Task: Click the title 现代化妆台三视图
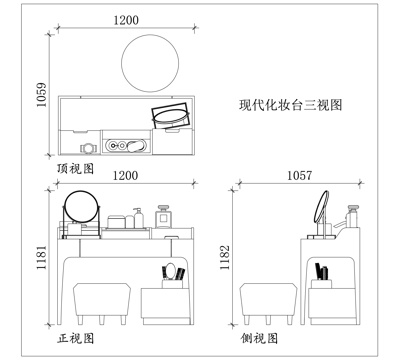click(285, 104)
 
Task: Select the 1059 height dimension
click(41, 97)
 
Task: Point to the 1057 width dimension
click(298, 175)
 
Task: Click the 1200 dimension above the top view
click(126, 21)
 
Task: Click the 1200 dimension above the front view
click(126, 175)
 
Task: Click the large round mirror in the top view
click(152, 62)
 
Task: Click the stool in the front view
click(100, 300)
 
